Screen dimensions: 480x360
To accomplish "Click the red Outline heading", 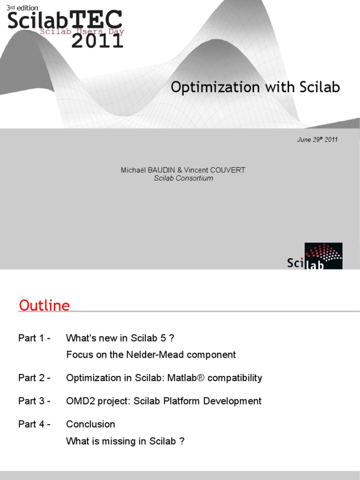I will click(x=44, y=306).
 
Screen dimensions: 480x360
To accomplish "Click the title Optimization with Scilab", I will click(x=255, y=87).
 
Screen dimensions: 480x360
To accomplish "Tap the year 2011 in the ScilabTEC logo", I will click(x=97, y=41).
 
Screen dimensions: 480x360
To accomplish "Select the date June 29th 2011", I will click(x=317, y=140).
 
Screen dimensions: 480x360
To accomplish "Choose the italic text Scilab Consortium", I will click(x=183, y=178).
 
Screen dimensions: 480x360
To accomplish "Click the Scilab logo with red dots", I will click(x=315, y=256).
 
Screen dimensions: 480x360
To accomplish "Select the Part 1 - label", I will click(x=34, y=338).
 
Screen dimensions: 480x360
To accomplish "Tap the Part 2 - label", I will click(x=34, y=378).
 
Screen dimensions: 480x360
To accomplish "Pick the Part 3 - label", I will click(x=34, y=401).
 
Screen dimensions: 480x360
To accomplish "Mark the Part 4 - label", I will click(x=34, y=424).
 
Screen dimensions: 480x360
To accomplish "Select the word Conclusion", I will click(x=90, y=424).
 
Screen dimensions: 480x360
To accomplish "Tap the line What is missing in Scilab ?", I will click(x=125, y=441).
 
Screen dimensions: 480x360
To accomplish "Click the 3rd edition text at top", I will click(x=22, y=8).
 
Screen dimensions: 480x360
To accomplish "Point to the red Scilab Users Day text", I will click(x=82, y=32).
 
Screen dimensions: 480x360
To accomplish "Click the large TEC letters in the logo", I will click(x=97, y=20).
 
